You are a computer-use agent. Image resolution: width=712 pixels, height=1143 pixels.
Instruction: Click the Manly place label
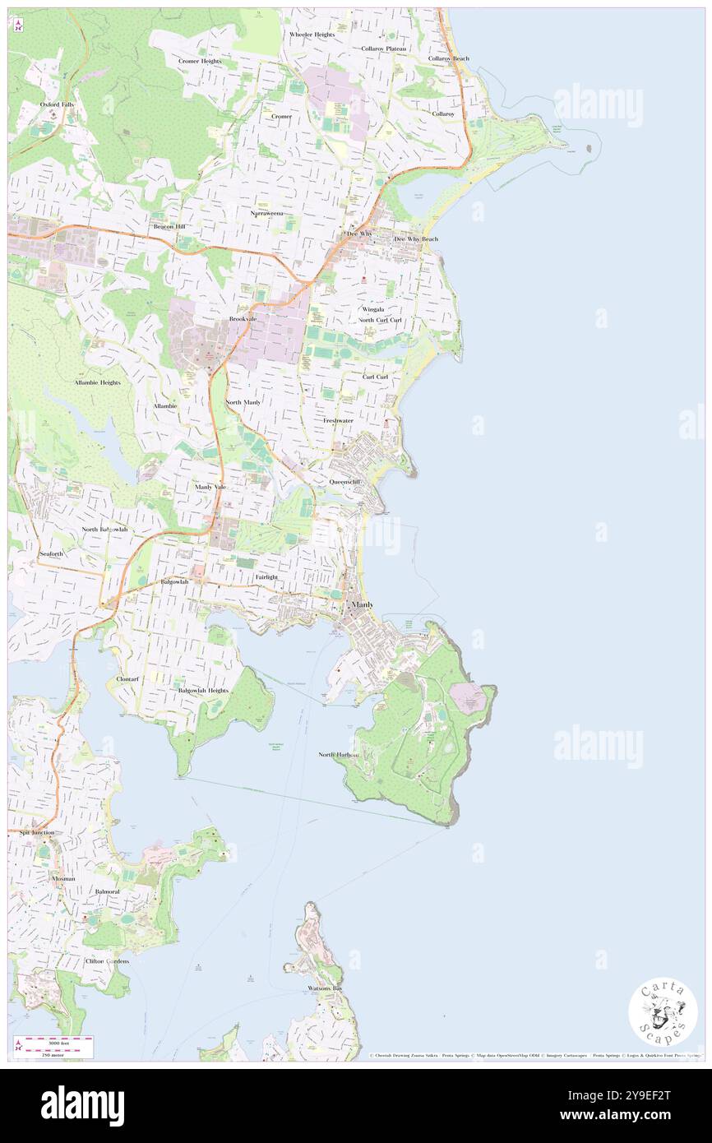362,604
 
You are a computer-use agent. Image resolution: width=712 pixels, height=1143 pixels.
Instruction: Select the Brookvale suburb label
245,318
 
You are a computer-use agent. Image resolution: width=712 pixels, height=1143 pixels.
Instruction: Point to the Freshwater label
338,420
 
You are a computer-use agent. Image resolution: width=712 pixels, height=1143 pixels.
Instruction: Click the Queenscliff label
344,481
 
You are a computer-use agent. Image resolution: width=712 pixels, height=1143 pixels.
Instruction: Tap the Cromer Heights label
200,61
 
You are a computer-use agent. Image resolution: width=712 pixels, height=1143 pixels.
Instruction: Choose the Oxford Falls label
58,104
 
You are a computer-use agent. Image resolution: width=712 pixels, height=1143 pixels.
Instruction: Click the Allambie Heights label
97,382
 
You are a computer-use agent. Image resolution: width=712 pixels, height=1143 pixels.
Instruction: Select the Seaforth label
51,554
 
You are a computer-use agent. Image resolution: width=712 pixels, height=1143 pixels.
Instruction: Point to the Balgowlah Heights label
203,691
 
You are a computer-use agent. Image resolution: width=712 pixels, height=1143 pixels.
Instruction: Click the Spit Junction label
37,832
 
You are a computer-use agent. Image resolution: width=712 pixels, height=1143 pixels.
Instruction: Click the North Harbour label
338,754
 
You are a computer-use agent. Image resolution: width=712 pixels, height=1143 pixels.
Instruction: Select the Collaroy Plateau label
384,49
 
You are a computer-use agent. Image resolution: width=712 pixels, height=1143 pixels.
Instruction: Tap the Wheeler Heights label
312,35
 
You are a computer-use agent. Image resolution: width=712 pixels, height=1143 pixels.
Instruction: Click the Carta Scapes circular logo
663,1012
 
